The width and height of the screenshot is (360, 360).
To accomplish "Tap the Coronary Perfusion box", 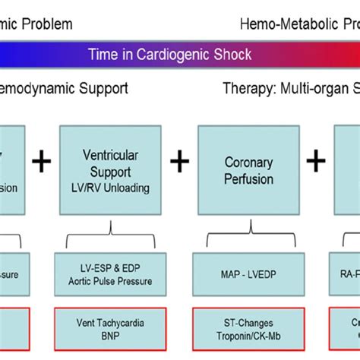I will (248, 171).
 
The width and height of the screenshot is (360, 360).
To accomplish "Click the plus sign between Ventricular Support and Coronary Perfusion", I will (178, 160).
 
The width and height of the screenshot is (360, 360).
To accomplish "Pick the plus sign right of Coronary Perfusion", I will (316, 160).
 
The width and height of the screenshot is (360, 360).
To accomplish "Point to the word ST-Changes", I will (248, 322).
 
